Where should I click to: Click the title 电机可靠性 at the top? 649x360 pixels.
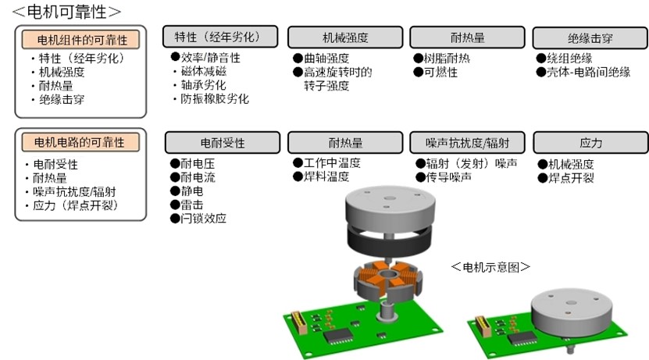coord(66,11)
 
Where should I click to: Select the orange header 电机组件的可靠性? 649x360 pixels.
coord(80,40)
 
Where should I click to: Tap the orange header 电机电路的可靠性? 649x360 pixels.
coord(80,142)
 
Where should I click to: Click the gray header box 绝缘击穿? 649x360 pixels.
coord(590,38)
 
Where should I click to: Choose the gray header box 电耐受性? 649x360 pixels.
coord(223,143)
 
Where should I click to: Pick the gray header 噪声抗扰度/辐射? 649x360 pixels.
coord(467,143)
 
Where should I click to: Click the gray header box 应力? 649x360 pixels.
coord(590,143)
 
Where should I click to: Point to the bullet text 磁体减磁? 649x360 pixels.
coord(204,71)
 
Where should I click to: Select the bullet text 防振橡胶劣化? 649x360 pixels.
coord(215,99)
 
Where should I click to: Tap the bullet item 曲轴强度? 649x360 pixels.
coord(322,59)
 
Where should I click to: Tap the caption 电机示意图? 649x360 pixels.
coord(491,267)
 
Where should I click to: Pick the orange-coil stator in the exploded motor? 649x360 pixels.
coord(388,281)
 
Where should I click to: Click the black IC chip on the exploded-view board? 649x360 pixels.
coord(338,335)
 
